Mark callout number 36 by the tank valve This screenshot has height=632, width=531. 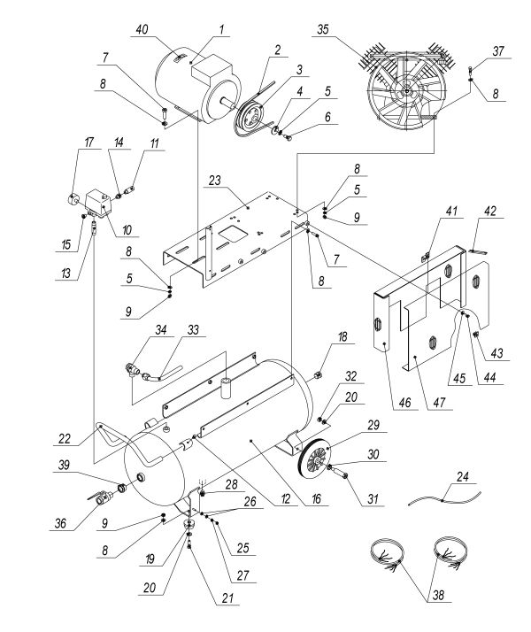(60, 522)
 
